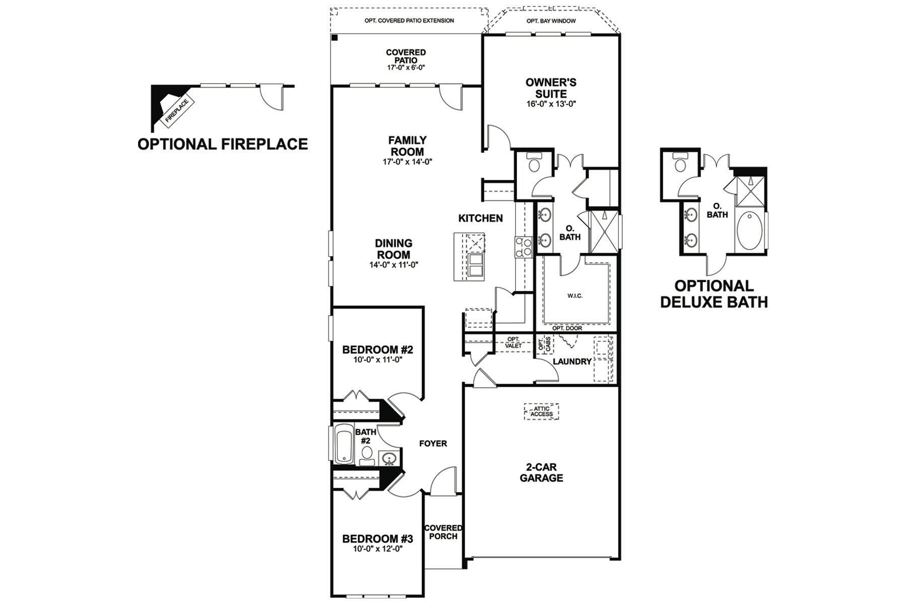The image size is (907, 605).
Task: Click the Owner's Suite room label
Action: point(551,88)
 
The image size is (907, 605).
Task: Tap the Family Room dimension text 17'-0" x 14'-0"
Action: point(407,162)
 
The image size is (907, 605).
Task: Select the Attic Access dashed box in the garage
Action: point(541,411)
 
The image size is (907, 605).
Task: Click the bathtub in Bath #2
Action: point(344,444)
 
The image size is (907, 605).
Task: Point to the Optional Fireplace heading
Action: point(223,144)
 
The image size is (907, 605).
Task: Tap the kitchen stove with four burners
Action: point(523,248)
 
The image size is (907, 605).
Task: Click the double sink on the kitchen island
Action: point(476,265)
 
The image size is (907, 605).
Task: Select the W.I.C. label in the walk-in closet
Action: point(575,296)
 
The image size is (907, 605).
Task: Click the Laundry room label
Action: point(572,361)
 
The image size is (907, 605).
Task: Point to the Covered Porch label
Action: point(443,532)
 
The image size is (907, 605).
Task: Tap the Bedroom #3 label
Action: point(377,539)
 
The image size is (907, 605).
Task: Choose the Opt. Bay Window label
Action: point(551,21)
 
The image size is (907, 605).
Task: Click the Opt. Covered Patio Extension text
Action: point(409,21)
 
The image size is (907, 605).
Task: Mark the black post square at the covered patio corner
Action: point(335,38)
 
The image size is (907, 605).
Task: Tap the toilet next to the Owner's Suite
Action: point(533,164)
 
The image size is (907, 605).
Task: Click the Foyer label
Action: point(433,444)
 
